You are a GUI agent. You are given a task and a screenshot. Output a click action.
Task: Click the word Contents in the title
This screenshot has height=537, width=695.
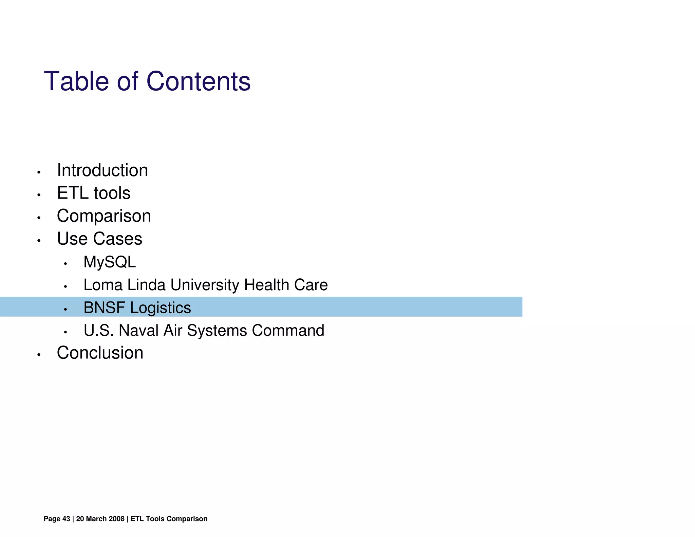pos(198,81)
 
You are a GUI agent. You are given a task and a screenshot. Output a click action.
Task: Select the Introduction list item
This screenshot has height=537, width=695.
pos(102,170)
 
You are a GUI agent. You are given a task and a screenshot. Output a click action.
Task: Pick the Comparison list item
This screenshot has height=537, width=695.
pos(104,216)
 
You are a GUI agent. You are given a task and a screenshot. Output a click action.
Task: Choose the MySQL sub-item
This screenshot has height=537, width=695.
pos(110,262)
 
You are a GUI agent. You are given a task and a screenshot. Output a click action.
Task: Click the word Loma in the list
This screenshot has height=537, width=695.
pos(103,285)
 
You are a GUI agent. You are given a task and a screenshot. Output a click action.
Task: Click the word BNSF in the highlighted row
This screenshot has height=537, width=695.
pos(104,308)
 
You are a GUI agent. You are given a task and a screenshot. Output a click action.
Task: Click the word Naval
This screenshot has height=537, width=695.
pos(138,330)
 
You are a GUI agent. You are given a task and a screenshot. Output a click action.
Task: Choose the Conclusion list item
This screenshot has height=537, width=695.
pos(100,353)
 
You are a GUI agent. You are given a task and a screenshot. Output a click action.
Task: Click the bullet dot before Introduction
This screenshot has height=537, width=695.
pos(39,172)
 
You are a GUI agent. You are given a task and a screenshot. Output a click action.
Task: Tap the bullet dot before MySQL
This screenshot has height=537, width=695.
pos(65,264)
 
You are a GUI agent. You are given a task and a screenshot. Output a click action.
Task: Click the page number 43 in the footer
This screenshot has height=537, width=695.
pos(66,519)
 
